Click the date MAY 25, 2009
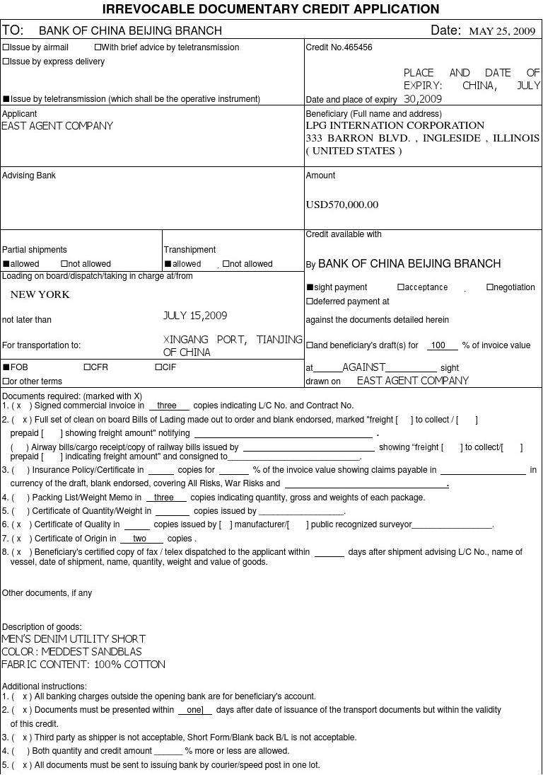point(502,31)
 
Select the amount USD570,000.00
point(342,205)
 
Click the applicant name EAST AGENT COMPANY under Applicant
point(57,126)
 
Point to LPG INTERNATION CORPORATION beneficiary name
point(395,126)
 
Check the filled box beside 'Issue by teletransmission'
point(6,99)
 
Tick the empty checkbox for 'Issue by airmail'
point(6,47)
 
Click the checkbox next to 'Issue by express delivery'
point(6,62)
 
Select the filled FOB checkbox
point(6,367)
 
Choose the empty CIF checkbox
point(158,367)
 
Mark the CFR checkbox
point(87,367)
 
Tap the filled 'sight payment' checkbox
point(310,287)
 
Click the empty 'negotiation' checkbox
point(490,287)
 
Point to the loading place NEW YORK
point(40,294)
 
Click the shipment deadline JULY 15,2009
point(195,316)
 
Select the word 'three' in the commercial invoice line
point(167,406)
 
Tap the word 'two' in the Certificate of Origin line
point(139,539)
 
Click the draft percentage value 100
point(439,346)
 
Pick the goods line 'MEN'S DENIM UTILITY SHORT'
point(74,639)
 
